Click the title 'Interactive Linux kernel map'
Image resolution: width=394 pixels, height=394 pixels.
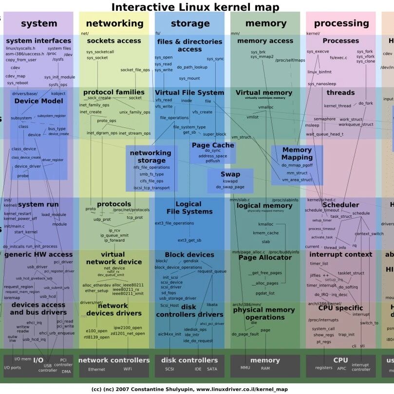coord(195,7)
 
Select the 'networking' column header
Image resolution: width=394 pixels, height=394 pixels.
coord(114,23)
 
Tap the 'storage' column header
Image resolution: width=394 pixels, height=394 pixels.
coord(190,23)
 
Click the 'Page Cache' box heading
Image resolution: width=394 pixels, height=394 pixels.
coord(213,145)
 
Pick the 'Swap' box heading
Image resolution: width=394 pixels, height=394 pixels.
coord(230,174)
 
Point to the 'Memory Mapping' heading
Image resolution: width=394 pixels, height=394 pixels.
coord(297,154)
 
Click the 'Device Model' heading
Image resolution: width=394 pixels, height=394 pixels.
coord(38,101)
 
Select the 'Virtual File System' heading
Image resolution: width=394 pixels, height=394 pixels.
coord(189,92)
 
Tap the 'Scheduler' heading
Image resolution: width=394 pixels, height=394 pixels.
coord(340,205)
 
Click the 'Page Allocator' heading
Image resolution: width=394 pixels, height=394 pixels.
coord(265,257)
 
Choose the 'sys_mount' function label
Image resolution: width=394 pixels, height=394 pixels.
coord(189,78)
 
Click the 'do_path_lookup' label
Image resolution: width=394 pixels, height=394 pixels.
coord(192,67)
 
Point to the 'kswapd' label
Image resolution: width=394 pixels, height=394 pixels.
coord(230,181)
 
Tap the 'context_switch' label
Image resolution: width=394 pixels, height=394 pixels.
coord(369,234)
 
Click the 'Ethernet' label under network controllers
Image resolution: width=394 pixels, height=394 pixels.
coord(96,369)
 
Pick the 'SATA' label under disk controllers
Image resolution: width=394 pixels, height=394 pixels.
coord(212,369)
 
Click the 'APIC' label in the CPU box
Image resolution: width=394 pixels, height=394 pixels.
coord(341,369)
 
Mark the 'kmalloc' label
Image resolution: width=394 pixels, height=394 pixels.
coord(266,224)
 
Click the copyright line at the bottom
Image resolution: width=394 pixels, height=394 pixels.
coord(189,389)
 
